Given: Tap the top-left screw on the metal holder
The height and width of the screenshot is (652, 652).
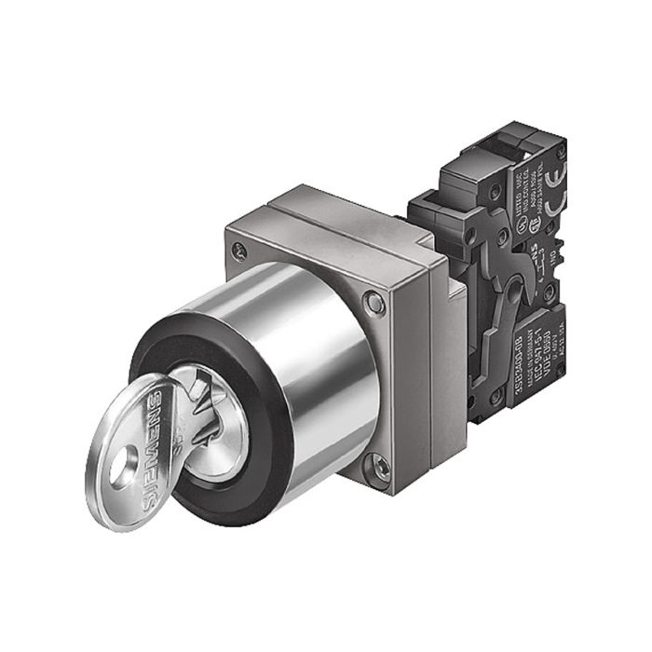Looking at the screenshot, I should coord(241,249).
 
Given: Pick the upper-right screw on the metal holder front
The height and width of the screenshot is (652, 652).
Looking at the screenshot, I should coord(374,303).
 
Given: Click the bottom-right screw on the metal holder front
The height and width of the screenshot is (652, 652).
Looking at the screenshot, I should coord(379,467).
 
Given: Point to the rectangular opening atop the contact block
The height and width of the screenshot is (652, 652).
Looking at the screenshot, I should coord(504,144).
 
